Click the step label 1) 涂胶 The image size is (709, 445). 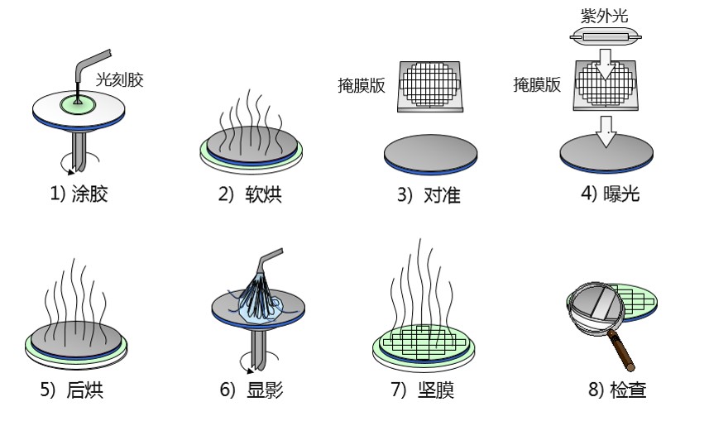[79, 195]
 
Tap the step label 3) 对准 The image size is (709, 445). [429, 195]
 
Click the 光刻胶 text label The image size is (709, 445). [119, 80]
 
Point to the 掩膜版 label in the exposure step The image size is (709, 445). [538, 85]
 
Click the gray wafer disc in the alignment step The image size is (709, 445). [431, 152]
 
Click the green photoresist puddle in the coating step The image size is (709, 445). [78, 103]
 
